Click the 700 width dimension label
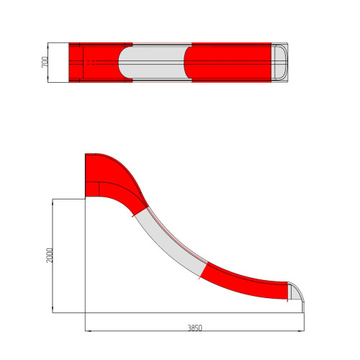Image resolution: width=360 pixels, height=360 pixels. click(45, 62)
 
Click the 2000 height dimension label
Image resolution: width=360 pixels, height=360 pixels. click(50, 255)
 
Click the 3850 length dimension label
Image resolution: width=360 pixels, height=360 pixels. click(194, 328)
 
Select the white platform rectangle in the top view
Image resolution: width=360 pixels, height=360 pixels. click(58, 63)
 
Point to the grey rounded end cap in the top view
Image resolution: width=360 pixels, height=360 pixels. click(279, 63)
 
